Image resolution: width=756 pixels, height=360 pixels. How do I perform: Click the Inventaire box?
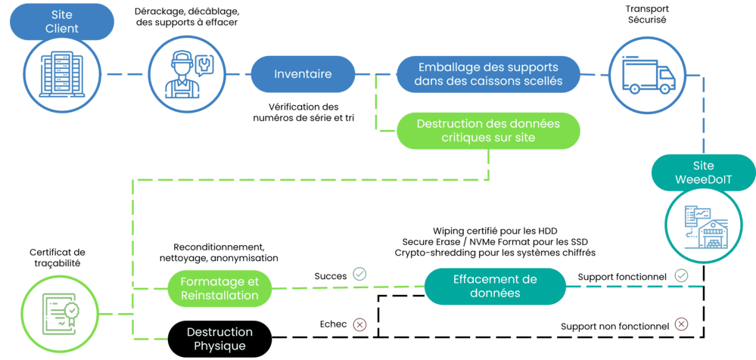pos(303,74)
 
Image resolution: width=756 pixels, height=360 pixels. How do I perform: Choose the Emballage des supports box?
pos(489,74)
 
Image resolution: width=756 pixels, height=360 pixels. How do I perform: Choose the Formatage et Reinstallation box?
pos(219,287)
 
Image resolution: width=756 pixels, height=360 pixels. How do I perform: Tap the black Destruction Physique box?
pos(219,339)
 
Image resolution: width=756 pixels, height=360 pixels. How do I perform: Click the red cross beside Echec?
pos(359,324)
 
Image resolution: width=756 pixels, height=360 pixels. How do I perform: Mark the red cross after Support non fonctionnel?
pos(681,324)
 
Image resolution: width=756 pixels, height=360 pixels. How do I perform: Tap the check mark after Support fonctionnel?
pos(682,277)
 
